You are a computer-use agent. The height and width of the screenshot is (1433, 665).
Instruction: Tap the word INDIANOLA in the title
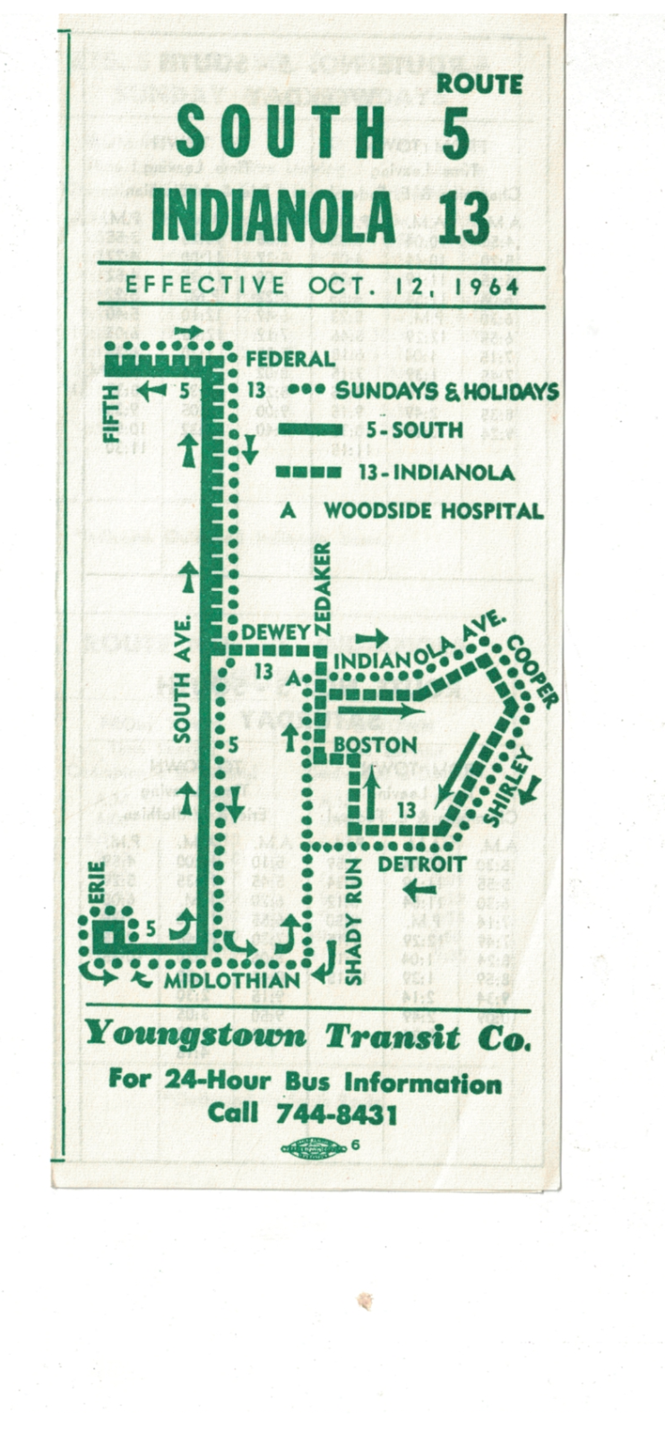(273, 217)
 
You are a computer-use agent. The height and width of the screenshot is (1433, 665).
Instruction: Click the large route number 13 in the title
(463, 217)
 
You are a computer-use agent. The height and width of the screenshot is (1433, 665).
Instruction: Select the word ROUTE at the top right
(479, 85)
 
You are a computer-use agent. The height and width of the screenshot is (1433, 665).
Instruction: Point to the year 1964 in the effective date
(484, 287)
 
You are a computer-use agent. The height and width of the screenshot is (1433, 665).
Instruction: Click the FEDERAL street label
(289, 358)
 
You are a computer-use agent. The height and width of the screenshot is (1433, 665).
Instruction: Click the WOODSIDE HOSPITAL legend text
(433, 511)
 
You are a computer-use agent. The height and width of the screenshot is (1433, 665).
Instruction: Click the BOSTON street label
(375, 745)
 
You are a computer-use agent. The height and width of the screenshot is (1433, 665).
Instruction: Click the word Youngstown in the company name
(194, 1037)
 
